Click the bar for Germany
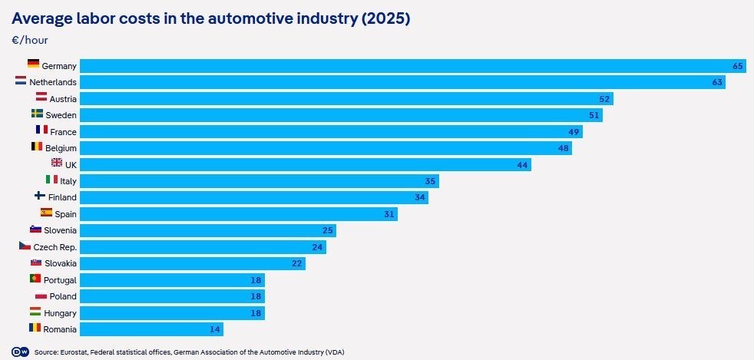(413, 66)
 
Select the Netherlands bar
(402, 82)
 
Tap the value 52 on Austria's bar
(604, 99)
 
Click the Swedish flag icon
(37, 114)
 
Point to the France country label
(63, 132)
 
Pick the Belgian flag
(37, 146)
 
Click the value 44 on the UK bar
(523, 165)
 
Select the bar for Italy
(260, 181)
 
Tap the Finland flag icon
(41, 196)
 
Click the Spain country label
(65, 214)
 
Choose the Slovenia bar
(208, 230)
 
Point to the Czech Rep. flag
(25, 245)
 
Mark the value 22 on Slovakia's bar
(296, 263)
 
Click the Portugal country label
(60, 280)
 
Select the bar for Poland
(172, 296)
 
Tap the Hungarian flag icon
(35, 311)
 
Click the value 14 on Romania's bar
(214, 329)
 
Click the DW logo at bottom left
(18, 352)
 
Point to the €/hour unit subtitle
(30, 41)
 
